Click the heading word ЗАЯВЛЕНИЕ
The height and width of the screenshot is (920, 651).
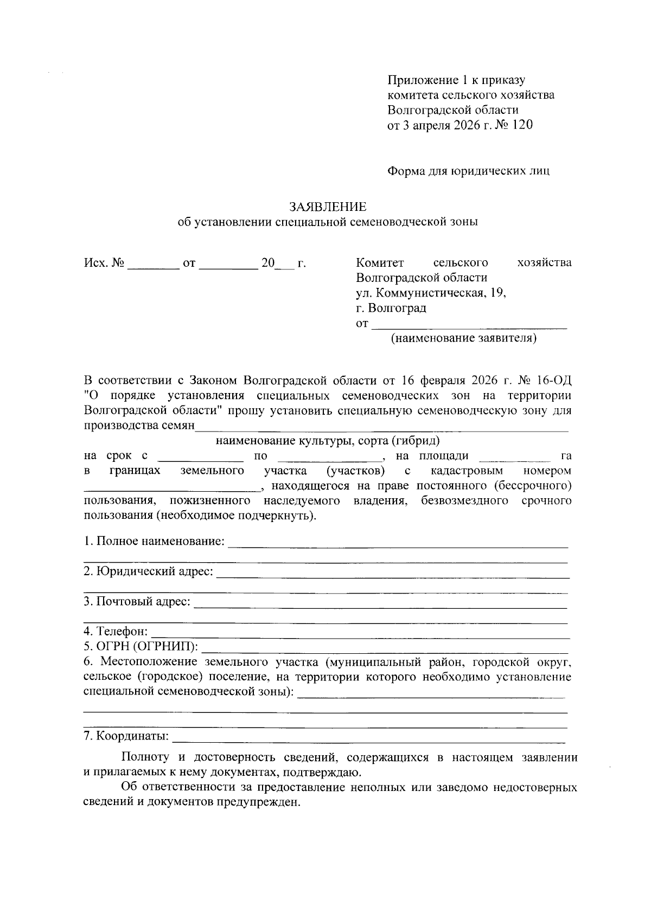tap(328, 207)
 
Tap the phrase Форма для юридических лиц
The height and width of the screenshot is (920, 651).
tap(468, 171)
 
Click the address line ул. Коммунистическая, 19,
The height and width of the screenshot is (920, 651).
tap(431, 293)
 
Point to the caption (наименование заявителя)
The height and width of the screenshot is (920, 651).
tap(464, 339)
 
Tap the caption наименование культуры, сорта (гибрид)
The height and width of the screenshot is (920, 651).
tap(327, 440)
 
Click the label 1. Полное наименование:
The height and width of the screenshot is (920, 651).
tap(155, 542)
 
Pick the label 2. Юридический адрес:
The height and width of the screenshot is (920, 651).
tap(149, 571)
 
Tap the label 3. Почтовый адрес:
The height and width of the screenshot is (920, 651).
tap(137, 601)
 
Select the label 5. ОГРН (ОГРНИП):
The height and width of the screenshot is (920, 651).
tap(141, 646)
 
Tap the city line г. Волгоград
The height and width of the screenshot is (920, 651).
tap(391, 308)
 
